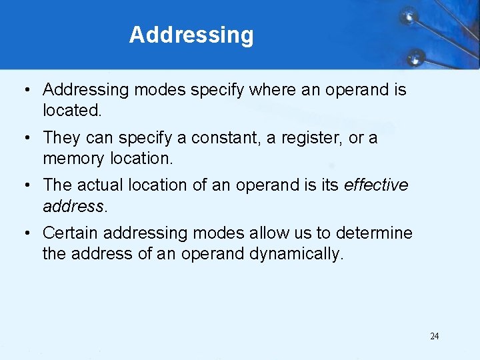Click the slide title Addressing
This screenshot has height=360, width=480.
(x=191, y=35)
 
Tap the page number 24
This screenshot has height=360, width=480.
(x=434, y=336)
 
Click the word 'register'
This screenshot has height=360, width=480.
(x=313, y=138)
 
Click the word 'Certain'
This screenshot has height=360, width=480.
(x=71, y=233)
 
